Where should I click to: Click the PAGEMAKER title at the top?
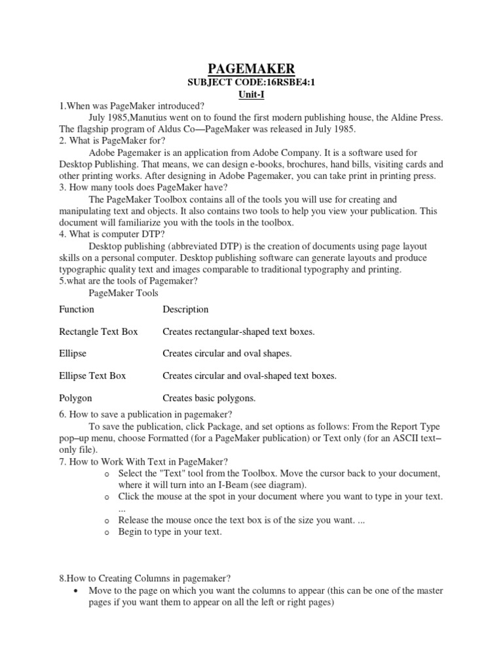(251, 69)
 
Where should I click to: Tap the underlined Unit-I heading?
(251, 95)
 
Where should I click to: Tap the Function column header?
(77, 309)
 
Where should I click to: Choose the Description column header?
(185, 309)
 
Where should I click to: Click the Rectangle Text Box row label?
(98, 332)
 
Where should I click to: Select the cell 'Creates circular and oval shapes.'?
(227, 354)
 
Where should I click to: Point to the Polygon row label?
(75, 398)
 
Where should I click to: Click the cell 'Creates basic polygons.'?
(209, 398)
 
